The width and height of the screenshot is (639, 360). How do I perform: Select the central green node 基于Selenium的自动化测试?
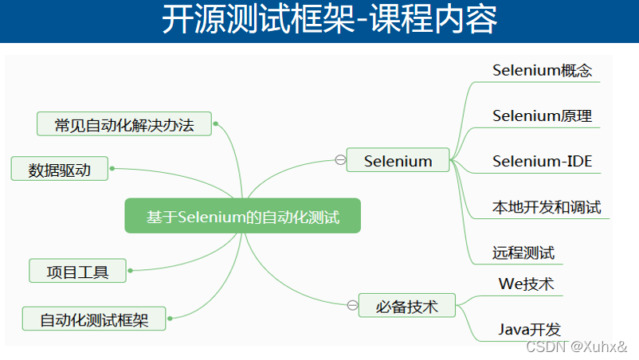(x=243, y=216)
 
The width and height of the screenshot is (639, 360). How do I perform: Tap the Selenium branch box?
(x=398, y=161)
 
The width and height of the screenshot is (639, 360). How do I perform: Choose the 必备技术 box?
(x=407, y=305)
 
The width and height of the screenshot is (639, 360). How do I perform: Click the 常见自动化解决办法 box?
(x=124, y=125)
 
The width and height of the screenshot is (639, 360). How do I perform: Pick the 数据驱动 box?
(x=60, y=169)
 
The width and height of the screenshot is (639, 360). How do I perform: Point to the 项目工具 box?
(x=78, y=271)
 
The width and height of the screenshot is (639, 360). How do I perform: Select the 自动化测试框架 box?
(x=95, y=319)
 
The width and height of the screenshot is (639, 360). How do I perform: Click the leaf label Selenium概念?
(x=542, y=70)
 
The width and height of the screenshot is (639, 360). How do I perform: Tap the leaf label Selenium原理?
(x=542, y=116)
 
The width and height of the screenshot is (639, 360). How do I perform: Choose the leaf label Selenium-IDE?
(x=542, y=162)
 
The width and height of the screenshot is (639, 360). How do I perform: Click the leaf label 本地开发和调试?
(x=547, y=208)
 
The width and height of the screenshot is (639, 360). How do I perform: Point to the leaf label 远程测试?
(x=523, y=254)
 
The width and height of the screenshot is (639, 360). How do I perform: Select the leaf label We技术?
(x=526, y=284)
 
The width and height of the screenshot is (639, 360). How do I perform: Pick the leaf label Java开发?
(x=530, y=328)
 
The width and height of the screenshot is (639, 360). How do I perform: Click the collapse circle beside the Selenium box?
(x=340, y=161)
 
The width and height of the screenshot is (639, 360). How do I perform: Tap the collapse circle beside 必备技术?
(x=352, y=305)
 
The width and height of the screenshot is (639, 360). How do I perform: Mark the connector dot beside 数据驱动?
(x=112, y=169)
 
